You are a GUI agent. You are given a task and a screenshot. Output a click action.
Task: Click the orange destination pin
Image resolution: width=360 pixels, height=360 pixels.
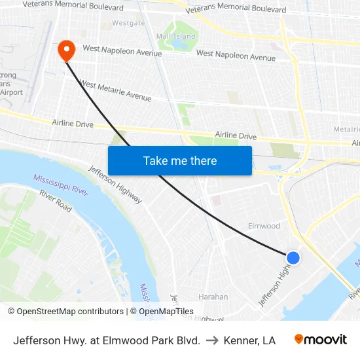(67, 50)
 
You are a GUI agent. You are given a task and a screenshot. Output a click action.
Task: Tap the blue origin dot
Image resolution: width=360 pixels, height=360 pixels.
(293, 258)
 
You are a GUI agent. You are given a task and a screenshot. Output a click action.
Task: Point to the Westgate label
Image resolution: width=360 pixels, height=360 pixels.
(128, 23)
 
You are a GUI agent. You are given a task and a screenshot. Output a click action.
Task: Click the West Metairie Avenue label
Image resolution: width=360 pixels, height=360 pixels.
(115, 91)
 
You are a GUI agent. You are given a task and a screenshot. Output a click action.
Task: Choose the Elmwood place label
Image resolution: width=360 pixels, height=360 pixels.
(264, 226)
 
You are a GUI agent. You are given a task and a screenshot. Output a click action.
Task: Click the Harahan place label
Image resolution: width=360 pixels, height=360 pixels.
(213, 297)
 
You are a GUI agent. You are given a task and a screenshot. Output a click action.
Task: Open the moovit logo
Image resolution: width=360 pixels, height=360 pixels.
(321, 340)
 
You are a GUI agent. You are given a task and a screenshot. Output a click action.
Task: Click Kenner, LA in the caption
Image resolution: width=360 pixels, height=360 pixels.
(249, 340)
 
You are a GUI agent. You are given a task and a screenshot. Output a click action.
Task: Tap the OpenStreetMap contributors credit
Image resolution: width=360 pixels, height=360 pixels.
(65, 312)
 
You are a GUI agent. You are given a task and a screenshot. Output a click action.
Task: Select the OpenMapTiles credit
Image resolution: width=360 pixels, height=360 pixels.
(162, 312)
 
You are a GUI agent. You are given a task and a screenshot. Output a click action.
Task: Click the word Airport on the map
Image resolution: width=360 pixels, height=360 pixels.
(11, 93)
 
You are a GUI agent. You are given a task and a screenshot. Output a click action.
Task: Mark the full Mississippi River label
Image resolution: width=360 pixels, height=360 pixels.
(61, 184)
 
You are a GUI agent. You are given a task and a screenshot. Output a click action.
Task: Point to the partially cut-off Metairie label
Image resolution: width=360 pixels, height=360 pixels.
(346, 130)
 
